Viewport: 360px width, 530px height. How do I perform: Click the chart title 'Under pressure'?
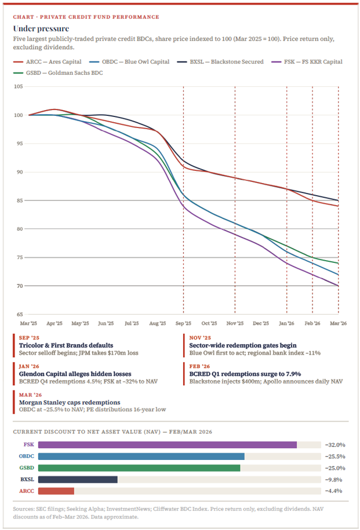coord(41,28)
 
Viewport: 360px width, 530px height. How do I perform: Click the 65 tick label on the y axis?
coord(19,315)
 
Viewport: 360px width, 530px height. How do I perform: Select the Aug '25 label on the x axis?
coord(158,323)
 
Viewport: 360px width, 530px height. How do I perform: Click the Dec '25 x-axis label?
coord(261,323)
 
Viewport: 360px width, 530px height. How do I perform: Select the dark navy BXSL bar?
coord(78,480)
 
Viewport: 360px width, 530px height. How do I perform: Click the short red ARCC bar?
coord(56,491)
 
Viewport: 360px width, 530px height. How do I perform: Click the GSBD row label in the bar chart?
coord(27,468)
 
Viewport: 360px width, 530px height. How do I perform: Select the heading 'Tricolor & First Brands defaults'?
coord(63,345)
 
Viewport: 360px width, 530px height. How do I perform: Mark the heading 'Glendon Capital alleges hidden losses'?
coord(71,374)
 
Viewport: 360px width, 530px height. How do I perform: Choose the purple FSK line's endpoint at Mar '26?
coord(338,286)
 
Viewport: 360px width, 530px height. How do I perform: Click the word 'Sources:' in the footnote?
coord(23,510)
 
